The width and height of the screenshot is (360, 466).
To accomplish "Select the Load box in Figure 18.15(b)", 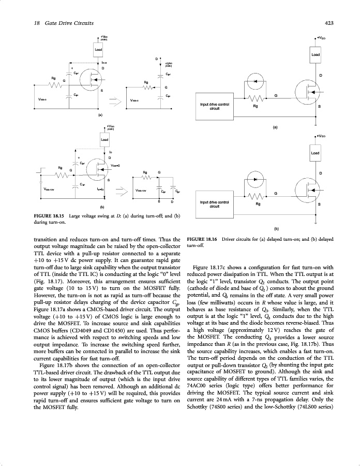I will pyautogui.click(x=104, y=139).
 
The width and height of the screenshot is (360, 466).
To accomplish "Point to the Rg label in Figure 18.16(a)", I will pyautogui.click(x=254, y=107).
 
